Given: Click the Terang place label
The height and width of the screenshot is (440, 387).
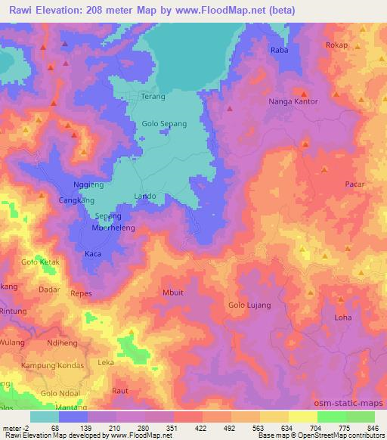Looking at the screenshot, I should [x=153, y=97].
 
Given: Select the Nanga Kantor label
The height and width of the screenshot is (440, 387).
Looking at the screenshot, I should [x=294, y=101].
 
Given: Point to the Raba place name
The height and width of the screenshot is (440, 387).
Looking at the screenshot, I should [x=280, y=50].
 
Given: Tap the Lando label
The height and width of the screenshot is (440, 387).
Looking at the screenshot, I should [x=145, y=197].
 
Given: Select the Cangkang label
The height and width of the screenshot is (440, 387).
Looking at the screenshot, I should [x=76, y=200].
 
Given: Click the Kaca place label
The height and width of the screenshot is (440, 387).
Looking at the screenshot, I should [x=93, y=253].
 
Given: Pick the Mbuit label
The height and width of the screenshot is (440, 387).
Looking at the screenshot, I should [x=173, y=291].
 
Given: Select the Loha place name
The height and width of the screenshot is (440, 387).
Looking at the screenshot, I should [x=343, y=318].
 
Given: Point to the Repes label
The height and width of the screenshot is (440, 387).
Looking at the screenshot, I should [x=80, y=292].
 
